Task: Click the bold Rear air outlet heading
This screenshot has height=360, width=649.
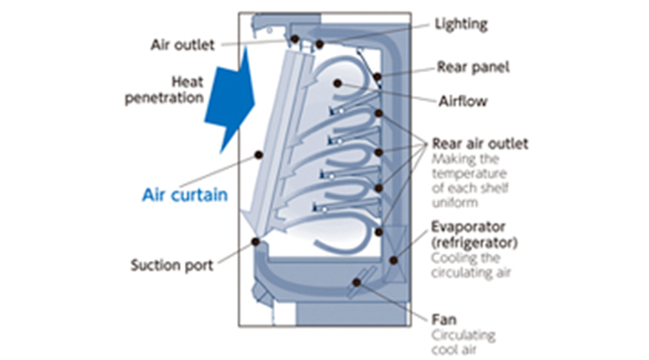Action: pyautogui.click(x=480, y=143)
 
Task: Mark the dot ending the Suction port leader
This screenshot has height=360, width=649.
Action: pyautogui.click(x=255, y=241)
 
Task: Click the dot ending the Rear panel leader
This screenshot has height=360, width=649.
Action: pyautogui.click(x=378, y=76)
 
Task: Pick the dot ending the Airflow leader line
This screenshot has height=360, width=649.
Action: pyautogui.click(x=338, y=85)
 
